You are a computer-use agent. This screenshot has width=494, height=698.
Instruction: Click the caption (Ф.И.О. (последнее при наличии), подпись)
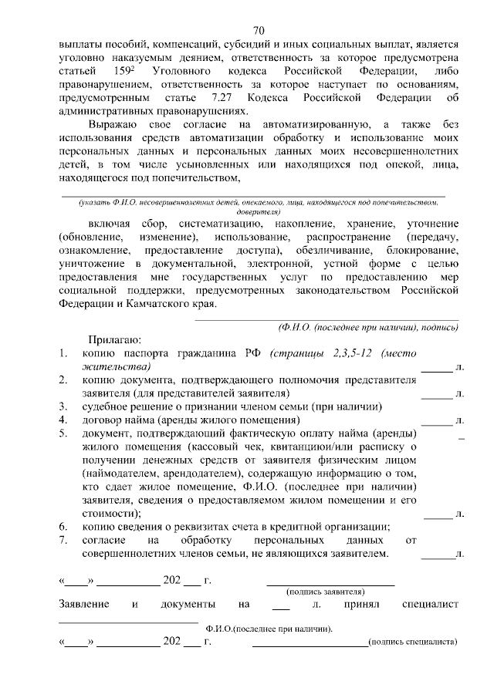[x=368, y=327]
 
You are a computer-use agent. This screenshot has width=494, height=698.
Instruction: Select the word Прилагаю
[x=113, y=340]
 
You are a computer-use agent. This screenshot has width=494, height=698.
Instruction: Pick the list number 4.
[x=64, y=420]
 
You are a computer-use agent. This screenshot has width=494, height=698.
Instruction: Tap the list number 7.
[x=64, y=540]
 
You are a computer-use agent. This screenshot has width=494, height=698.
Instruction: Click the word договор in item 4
[x=104, y=420]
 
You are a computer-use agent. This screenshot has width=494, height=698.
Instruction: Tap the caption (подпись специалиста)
[x=413, y=641]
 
